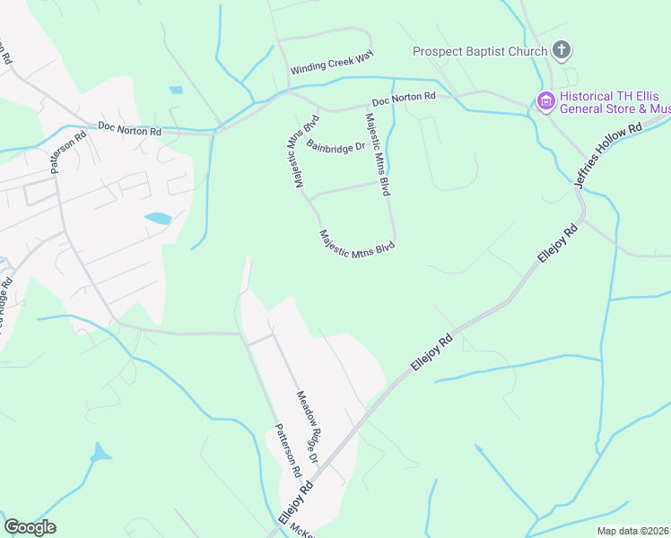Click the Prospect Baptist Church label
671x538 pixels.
[x=479, y=51]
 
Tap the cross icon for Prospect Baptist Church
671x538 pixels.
[x=562, y=50]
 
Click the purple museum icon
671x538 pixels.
[x=545, y=102]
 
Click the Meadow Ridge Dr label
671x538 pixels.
[x=309, y=427]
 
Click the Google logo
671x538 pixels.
[x=30, y=527]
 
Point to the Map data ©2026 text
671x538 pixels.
[x=633, y=531]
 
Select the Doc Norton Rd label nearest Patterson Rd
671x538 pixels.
[x=129, y=131]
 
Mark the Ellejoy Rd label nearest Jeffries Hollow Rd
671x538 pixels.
[x=556, y=243]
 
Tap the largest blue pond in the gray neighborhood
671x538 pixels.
[x=157, y=218]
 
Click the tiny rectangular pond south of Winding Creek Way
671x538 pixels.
[x=175, y=91]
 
